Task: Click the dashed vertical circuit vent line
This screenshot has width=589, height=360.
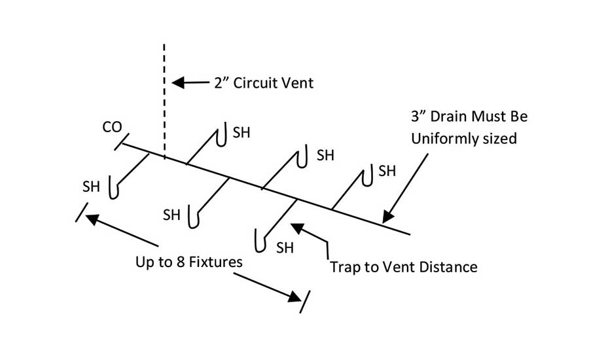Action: pos(164,98)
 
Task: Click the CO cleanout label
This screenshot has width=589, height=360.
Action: pos(111,128)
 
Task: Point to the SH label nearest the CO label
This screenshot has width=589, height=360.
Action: pos(91,186)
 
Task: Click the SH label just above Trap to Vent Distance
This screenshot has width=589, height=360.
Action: pos(285,247)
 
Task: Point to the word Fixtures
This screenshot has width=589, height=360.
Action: pos(215,262)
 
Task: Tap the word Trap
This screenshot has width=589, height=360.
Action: pos(345,267)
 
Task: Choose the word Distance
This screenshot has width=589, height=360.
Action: pos(453,267)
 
